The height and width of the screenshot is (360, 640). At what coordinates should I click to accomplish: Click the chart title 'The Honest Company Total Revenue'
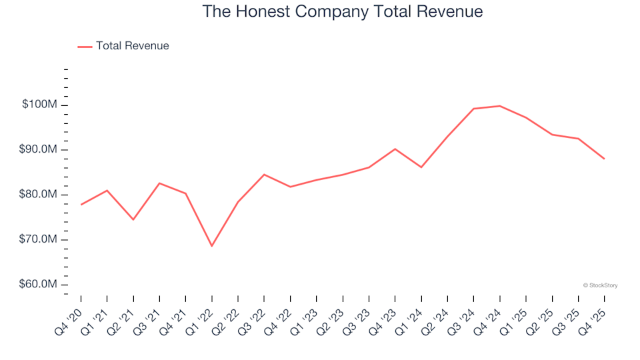(342, 12)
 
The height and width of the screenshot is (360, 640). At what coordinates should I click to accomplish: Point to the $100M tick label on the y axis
(40, 105)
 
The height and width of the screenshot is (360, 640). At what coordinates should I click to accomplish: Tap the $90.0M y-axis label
(40, 149)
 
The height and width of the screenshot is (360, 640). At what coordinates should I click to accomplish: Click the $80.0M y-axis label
(40, 195)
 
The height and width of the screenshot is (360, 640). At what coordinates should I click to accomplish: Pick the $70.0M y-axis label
(40, 239)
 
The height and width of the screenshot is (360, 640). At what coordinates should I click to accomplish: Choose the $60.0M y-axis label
(40, 285)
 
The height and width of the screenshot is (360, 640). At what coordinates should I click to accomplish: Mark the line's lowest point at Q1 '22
(212, 246)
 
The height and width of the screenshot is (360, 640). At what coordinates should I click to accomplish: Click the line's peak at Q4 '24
(499, 106)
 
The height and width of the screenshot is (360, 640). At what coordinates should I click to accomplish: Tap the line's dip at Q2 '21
(133, 219)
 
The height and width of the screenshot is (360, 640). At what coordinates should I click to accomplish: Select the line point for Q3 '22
(264, 175)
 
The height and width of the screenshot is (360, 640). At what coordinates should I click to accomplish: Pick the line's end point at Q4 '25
(604, 159)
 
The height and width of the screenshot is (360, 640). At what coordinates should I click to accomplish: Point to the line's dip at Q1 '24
(421, 167)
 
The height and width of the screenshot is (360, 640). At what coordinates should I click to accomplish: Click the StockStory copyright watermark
(600, 285)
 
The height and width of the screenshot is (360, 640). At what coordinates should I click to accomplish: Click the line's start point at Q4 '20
(81, 205)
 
